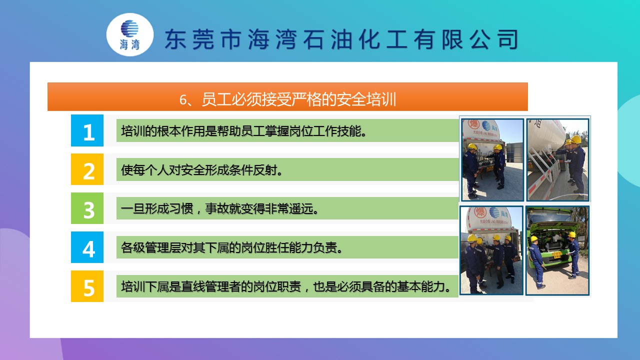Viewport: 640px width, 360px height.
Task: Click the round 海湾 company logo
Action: click(x=130, y=34)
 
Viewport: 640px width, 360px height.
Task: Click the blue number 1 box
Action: click(x=87, y=130)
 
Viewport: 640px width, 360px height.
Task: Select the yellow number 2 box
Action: click(x=87, y=169)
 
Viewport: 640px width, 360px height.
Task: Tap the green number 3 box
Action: click(x=87, y=208)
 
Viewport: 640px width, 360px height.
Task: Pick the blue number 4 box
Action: click(x=87, y=247)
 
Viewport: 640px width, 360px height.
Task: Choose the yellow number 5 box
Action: click(x=87, y=286)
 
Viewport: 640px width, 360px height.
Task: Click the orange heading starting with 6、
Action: click(x=287, y=97)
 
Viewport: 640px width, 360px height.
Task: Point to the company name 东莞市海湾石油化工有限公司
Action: click(x=341, y=39)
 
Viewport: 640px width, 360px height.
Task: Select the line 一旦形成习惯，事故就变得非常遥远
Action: click(x=219, y=209)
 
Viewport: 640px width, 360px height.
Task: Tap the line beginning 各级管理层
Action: click(x=231, y=247)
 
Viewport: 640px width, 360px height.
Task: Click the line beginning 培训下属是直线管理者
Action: click(x=286, y=286)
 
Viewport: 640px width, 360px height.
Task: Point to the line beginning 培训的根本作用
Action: click(x=243, y=131)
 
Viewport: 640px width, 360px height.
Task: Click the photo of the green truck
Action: click(x=557, y=250)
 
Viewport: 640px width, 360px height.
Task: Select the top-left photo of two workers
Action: click(x=492, y=159)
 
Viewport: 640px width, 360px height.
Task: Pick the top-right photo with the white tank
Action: click(x=557, y=159)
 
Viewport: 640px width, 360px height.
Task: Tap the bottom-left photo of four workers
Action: click(x=491, y=250)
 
